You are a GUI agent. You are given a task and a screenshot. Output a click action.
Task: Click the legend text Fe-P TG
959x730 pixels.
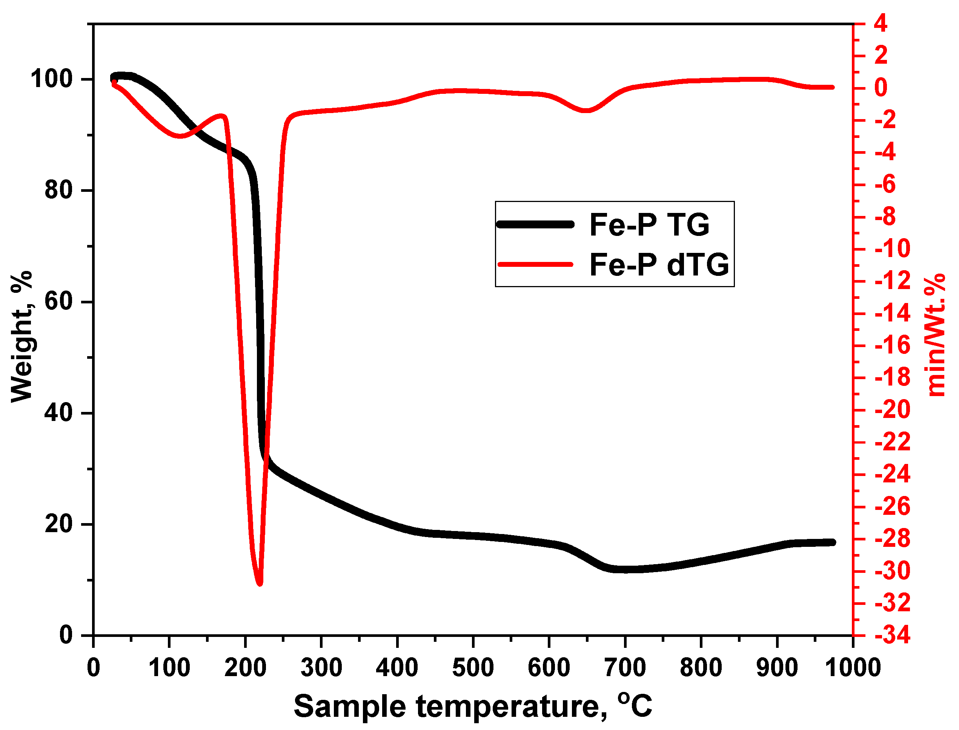649,225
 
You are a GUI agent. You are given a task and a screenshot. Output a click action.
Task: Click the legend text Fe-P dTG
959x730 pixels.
659,265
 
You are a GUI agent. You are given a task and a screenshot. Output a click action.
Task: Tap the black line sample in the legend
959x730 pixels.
535,225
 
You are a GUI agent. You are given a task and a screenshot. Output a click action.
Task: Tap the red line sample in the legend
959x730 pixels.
535,264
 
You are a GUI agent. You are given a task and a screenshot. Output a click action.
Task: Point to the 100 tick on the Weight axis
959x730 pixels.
51,79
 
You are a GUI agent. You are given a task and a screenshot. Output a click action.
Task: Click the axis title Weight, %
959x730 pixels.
22,337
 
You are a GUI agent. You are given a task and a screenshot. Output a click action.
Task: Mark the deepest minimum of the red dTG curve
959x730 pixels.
260,583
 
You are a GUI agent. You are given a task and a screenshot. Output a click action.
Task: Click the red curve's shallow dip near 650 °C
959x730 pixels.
587,110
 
